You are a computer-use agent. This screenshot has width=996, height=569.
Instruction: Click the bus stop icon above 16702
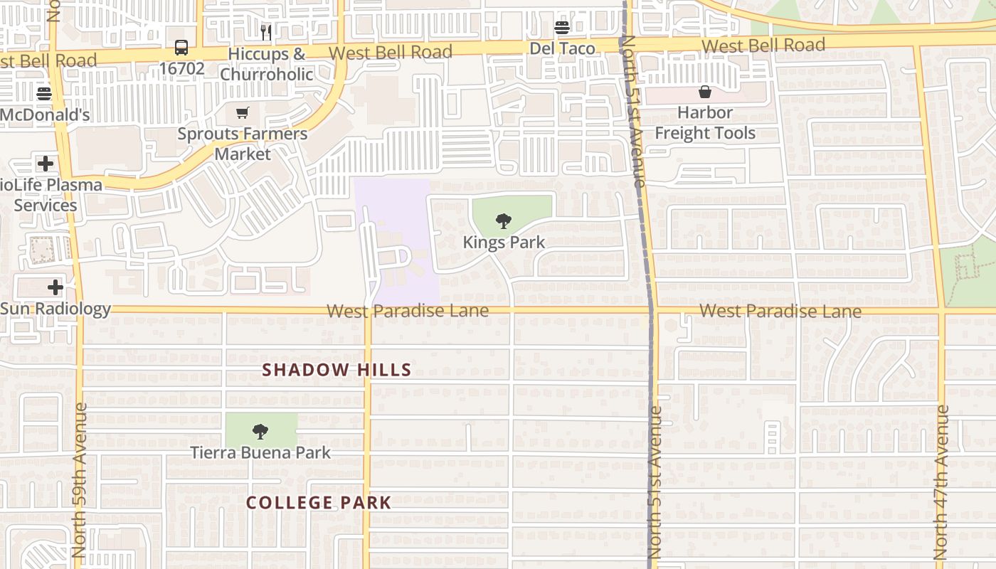pyautogui.click(x=181, y=48)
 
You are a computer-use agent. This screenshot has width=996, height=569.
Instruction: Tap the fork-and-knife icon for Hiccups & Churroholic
pyautogui.click(x=266, y=32)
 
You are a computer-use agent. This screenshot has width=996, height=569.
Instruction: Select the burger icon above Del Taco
pyautogui.click(x=562, y=28)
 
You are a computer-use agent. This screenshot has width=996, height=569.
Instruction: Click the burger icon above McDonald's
pyautogui.click(x=44, y=94)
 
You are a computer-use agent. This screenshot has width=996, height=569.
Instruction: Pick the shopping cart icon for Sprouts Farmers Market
pyautogui.click(x=243, y=112)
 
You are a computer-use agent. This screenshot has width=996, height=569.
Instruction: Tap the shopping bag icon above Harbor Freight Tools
pyautogui.click(x=704, y=92)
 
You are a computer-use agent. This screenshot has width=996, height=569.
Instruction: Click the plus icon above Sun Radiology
pyautogui.click(x=55, y=287)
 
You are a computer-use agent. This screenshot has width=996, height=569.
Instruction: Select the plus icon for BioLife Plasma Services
pyautogui.click(x=46, y=164)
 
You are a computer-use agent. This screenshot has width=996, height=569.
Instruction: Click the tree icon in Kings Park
pyautogui.click(x=504, y=220)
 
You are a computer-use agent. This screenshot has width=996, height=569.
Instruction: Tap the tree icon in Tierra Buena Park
pyautogui.click(x=260, y=431)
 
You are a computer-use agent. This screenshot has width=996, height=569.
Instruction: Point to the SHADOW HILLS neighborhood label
pyautogui.click(x=337, y=370)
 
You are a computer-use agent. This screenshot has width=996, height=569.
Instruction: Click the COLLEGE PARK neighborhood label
pyautogui.click(x=319, y=503)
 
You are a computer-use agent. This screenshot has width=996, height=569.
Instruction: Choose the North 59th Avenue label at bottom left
pyautogui.click(x=79, y=481)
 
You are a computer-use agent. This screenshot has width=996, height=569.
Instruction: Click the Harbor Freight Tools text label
pyautogui.click(x=704, y=123)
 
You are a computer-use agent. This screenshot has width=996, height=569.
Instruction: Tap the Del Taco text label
pyautogui.click(x=562, y=48)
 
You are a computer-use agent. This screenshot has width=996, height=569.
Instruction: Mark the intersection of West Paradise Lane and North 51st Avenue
pyautogui.click(x=650, y=310)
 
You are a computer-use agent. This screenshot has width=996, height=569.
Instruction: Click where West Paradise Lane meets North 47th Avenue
pyautogui.click(x=941, y=310)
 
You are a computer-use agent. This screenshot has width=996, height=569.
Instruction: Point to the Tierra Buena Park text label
pyautogui.click(x=260, y=452)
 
